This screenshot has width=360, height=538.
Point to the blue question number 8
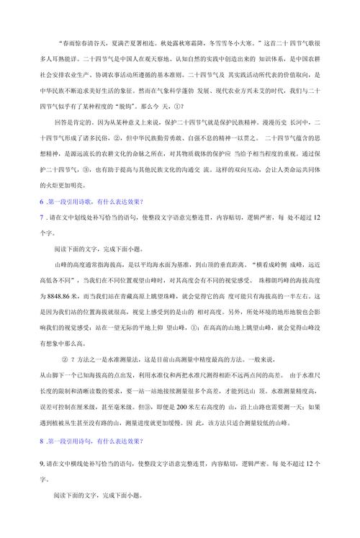click(42, 441)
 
